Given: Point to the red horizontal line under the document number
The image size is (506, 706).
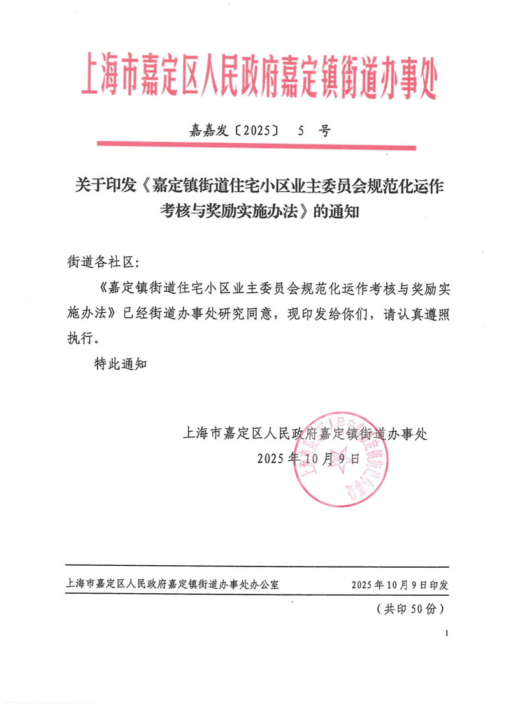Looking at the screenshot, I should tap(257, 148).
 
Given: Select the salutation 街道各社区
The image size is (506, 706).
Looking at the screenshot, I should tap(101, 262).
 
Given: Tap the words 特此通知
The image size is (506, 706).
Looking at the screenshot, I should tap(120, 364).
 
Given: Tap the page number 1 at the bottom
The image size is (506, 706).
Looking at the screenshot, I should tap(448, 633).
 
